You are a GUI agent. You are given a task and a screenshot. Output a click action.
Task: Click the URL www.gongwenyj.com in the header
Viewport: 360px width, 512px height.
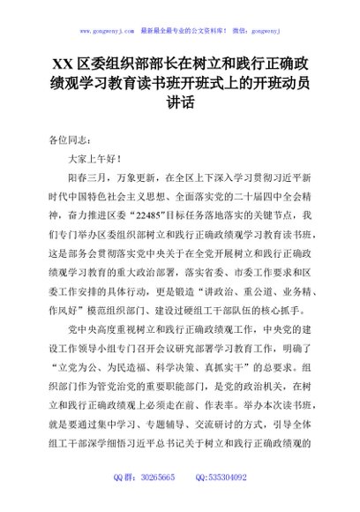click(x=107, y=29)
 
